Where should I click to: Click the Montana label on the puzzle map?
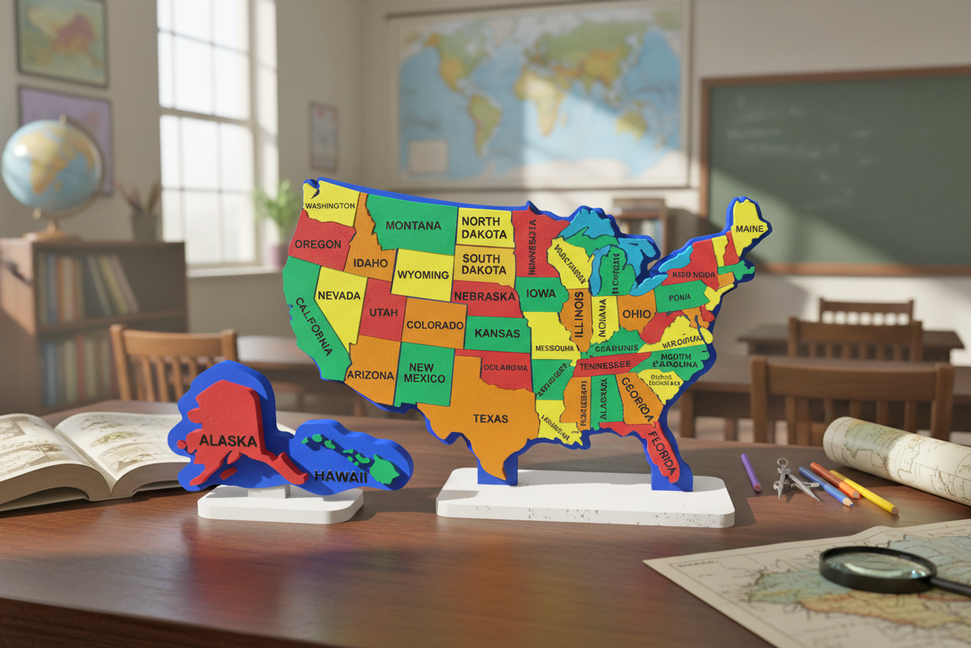point(413,225)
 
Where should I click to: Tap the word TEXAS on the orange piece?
point(490,418)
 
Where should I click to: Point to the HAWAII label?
point(340,476)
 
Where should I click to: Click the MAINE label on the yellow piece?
point(749,229)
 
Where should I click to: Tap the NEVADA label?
point(339,295)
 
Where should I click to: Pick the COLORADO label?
point(435,325)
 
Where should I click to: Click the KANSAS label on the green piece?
point(496,333)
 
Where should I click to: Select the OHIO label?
point(636,313)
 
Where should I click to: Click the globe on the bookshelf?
point(51,167)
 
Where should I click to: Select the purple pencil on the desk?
point(751,472)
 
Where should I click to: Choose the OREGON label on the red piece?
point(317,244)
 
